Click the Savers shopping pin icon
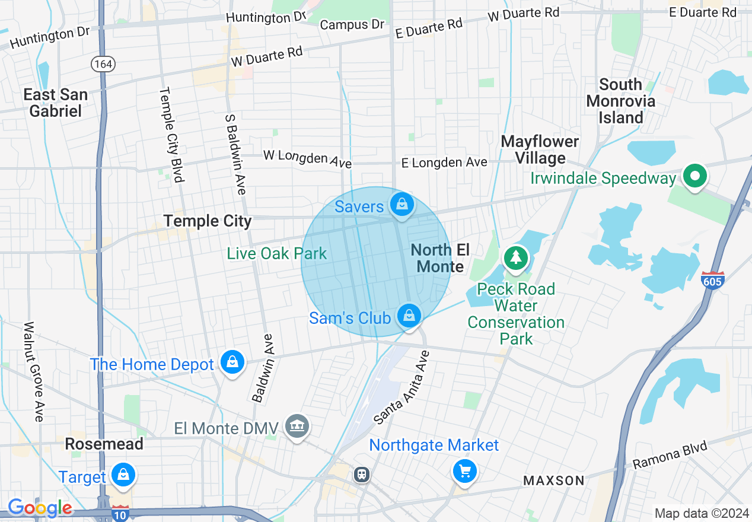pos(402,205)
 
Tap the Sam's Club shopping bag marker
pos(409,316)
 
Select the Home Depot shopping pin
pos(232,362)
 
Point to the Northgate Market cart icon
pos(464,472)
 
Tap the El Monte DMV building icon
pos(297,426)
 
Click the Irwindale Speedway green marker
pos(694,176)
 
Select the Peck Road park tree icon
pos(516,258)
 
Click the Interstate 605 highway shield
pos(712,279)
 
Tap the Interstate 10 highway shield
pos(120,514)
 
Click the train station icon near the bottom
pos(361,475)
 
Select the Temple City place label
pos(208,221)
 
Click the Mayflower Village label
pos(540,149)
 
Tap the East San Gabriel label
pos(56,103)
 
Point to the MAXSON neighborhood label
pos(554,480)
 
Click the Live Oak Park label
pos(276,254)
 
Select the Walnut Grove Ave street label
pos(33,371)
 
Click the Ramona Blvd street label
pos(670,455)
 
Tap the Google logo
pos(40,508)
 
